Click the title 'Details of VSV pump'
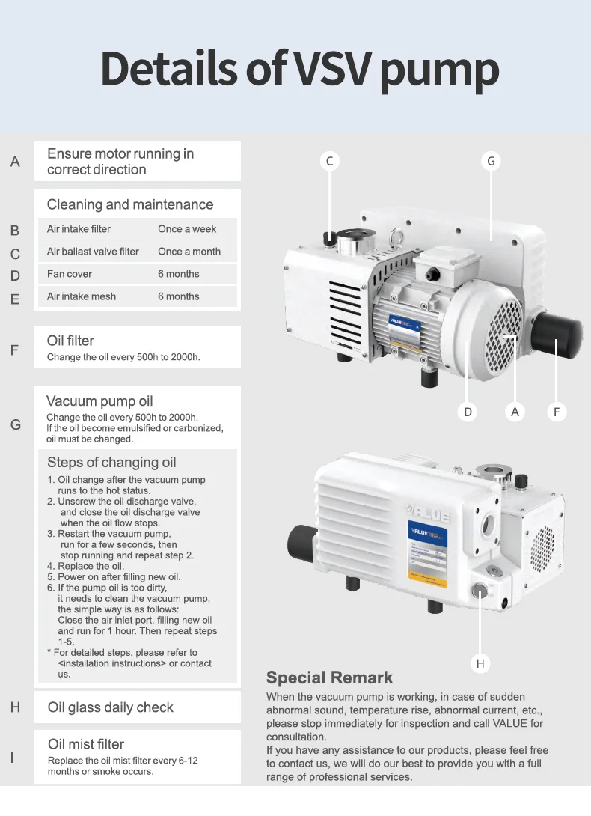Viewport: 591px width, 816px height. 299,69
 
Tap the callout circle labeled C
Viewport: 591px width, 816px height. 329,161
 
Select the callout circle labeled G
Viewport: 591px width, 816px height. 491,161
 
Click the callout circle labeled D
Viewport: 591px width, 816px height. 468,412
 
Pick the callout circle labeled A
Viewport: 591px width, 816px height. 515,412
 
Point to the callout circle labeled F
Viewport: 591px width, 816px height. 557,412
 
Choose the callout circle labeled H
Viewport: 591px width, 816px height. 480,663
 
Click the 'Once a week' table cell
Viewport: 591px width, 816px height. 187,229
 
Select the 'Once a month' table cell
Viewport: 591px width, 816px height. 189,252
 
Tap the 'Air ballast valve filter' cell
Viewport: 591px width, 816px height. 93,252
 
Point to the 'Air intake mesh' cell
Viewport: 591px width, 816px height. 82,296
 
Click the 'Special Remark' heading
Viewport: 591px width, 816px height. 329,678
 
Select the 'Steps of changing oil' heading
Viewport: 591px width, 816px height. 111,462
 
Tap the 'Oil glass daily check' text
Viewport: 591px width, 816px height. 110,707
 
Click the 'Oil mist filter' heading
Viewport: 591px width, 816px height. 85,744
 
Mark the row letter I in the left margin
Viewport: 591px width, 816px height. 13,758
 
